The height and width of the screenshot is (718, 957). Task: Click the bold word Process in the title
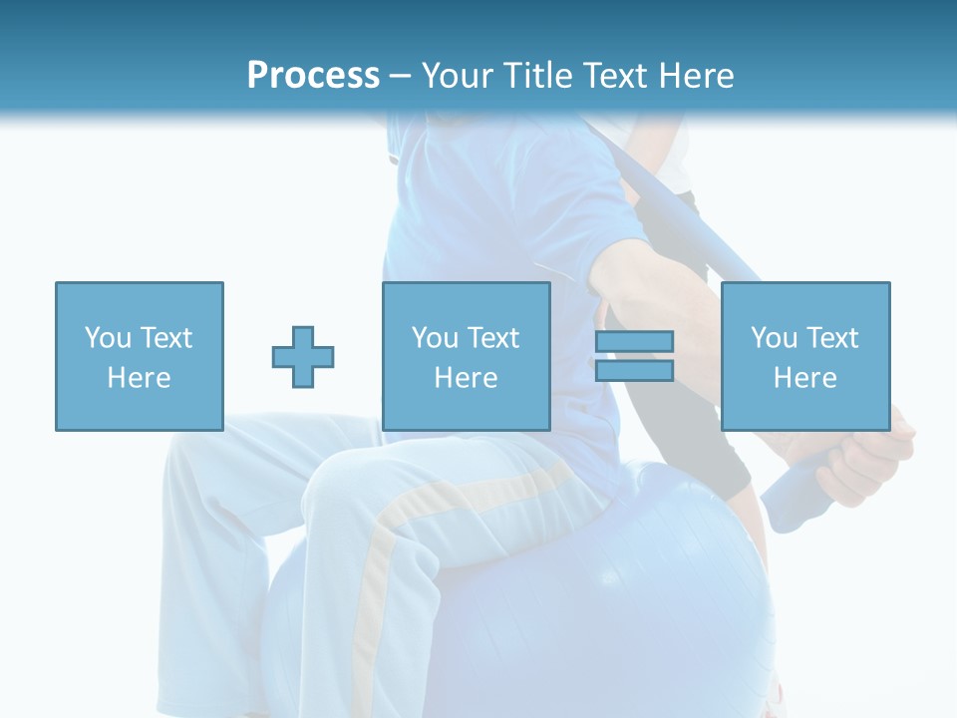(x=313, y=76)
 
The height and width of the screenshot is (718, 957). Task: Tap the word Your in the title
(x=457, y=76)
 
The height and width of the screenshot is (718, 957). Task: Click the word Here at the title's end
(x=695, y=76)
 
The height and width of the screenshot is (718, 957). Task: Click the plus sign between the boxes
(x=303, y=356)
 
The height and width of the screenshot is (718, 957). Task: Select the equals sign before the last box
(x=634, y=356)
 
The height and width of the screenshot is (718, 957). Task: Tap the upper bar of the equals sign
(x=634, y=342)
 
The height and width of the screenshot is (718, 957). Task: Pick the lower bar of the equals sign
(x=634, y=371)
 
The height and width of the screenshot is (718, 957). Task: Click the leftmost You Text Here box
(x=139, y=356)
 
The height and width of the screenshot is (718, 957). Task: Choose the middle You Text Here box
(x=466, y=356)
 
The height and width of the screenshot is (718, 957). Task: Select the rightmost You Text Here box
(x=804, y=356)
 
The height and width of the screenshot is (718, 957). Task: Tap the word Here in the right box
(x=804, y=378)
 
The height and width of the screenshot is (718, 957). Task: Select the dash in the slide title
(x=401, y=76)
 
